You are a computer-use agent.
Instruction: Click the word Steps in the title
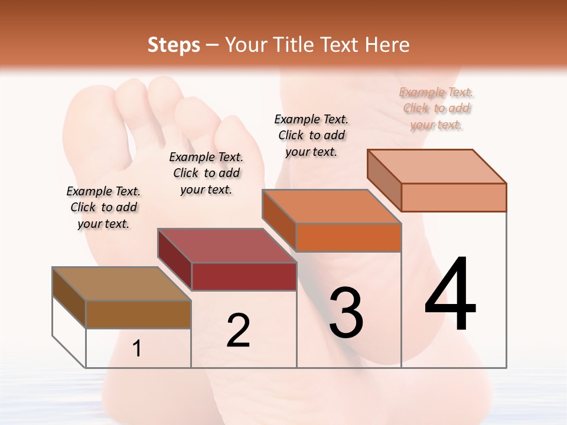click(174, 45)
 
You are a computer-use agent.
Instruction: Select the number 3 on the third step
click(346, 312)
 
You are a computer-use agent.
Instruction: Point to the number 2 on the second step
click(238, 331)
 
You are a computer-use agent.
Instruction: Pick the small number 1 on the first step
click(137, 349)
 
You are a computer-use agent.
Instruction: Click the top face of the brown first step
click(121, 284)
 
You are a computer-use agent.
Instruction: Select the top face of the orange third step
click(331, 207)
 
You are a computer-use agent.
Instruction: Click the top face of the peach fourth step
click(436, 166)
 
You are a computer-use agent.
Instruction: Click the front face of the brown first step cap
click(138, 314)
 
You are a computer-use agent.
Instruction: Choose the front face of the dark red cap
click(244, 276)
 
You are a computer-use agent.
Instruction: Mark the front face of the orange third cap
click(348, 237)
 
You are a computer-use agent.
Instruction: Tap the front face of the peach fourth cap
click(454, 197)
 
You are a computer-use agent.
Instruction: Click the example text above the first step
click(103, 207)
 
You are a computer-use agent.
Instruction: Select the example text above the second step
click(206, 173)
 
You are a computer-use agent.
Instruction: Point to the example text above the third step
click(311, 135)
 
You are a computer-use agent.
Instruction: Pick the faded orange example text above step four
click(436, 108)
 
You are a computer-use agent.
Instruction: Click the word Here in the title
click(387, 45)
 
